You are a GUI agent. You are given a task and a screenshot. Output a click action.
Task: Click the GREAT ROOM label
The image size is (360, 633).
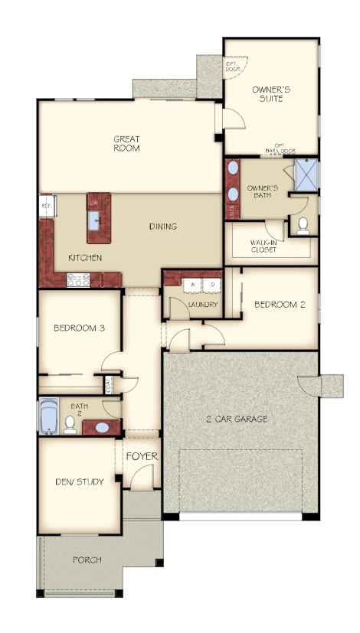126,144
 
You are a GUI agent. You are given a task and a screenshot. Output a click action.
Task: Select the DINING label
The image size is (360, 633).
163,227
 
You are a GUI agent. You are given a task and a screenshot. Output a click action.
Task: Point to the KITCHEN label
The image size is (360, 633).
84,258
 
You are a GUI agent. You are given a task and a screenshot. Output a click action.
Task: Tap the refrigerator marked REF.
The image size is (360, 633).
46,206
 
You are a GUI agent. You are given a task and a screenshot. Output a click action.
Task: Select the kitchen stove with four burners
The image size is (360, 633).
78,280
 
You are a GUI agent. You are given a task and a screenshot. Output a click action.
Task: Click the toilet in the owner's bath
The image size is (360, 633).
303,225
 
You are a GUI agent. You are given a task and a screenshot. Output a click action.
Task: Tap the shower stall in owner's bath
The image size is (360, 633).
306,174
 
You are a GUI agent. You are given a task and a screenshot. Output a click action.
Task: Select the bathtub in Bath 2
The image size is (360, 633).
48,416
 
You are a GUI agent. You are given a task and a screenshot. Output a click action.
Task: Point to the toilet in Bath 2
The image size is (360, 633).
70,423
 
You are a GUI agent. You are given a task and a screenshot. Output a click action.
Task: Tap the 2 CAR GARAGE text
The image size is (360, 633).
237,419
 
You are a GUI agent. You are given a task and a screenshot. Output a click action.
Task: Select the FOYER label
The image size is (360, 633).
142,457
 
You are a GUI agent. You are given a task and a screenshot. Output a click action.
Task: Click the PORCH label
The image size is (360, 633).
87,560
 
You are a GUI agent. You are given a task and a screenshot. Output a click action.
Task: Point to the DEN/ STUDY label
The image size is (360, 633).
80,481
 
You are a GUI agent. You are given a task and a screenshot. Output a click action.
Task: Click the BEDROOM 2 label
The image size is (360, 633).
280,305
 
